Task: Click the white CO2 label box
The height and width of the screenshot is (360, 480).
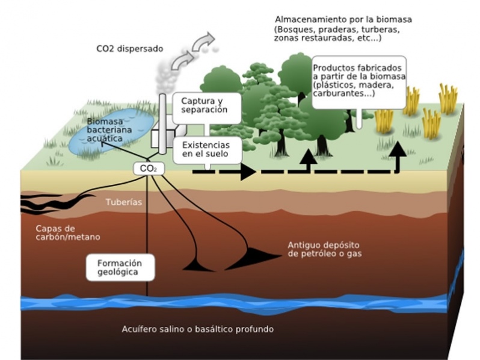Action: pos(149,169)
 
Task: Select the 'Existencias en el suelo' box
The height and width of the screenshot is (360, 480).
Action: pos(208,151)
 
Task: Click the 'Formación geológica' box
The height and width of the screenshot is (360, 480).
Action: pos(120,267)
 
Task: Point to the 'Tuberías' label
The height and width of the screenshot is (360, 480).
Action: pos(124,202)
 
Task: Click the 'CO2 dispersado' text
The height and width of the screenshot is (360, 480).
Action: pos(130,49)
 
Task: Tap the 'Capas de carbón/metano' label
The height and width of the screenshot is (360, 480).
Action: pos(67,233)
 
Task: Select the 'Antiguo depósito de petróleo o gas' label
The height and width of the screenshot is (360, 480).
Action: pos(324,249)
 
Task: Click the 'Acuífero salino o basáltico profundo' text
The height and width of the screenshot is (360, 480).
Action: pos(198,329)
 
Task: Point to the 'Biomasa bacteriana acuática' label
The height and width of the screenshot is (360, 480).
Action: pos(109,130)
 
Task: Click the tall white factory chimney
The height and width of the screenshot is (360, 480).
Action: pos(162,124)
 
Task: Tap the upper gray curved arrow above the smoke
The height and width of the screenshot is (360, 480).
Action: pos(203,41)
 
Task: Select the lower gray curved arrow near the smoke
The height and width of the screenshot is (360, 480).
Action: pos(182,61)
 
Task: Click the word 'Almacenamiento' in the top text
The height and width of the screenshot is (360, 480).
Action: pos(309,20)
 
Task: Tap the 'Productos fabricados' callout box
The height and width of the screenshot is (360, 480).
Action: pos(359,82)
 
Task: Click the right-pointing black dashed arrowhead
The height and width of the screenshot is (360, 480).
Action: pos(248,172)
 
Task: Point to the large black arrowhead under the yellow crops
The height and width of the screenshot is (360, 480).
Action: pos(398,149)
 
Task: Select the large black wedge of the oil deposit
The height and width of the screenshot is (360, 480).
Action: pos(254,258)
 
